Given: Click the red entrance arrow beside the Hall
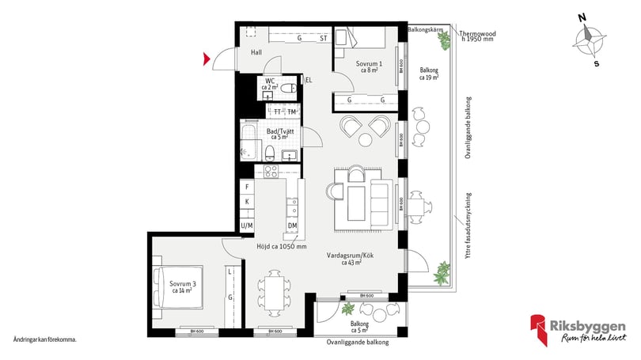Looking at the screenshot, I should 207,58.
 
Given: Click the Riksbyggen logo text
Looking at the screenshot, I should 590,325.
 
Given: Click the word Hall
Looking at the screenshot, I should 256,52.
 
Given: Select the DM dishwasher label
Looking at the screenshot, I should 292,226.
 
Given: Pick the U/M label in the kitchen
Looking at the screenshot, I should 247,226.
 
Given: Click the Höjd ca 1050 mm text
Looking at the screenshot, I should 282,246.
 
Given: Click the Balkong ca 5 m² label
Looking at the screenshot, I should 362,327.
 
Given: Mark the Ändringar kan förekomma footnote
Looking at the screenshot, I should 45,339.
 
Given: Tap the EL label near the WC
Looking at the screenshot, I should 309,80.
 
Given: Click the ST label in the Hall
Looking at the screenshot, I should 323,38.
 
